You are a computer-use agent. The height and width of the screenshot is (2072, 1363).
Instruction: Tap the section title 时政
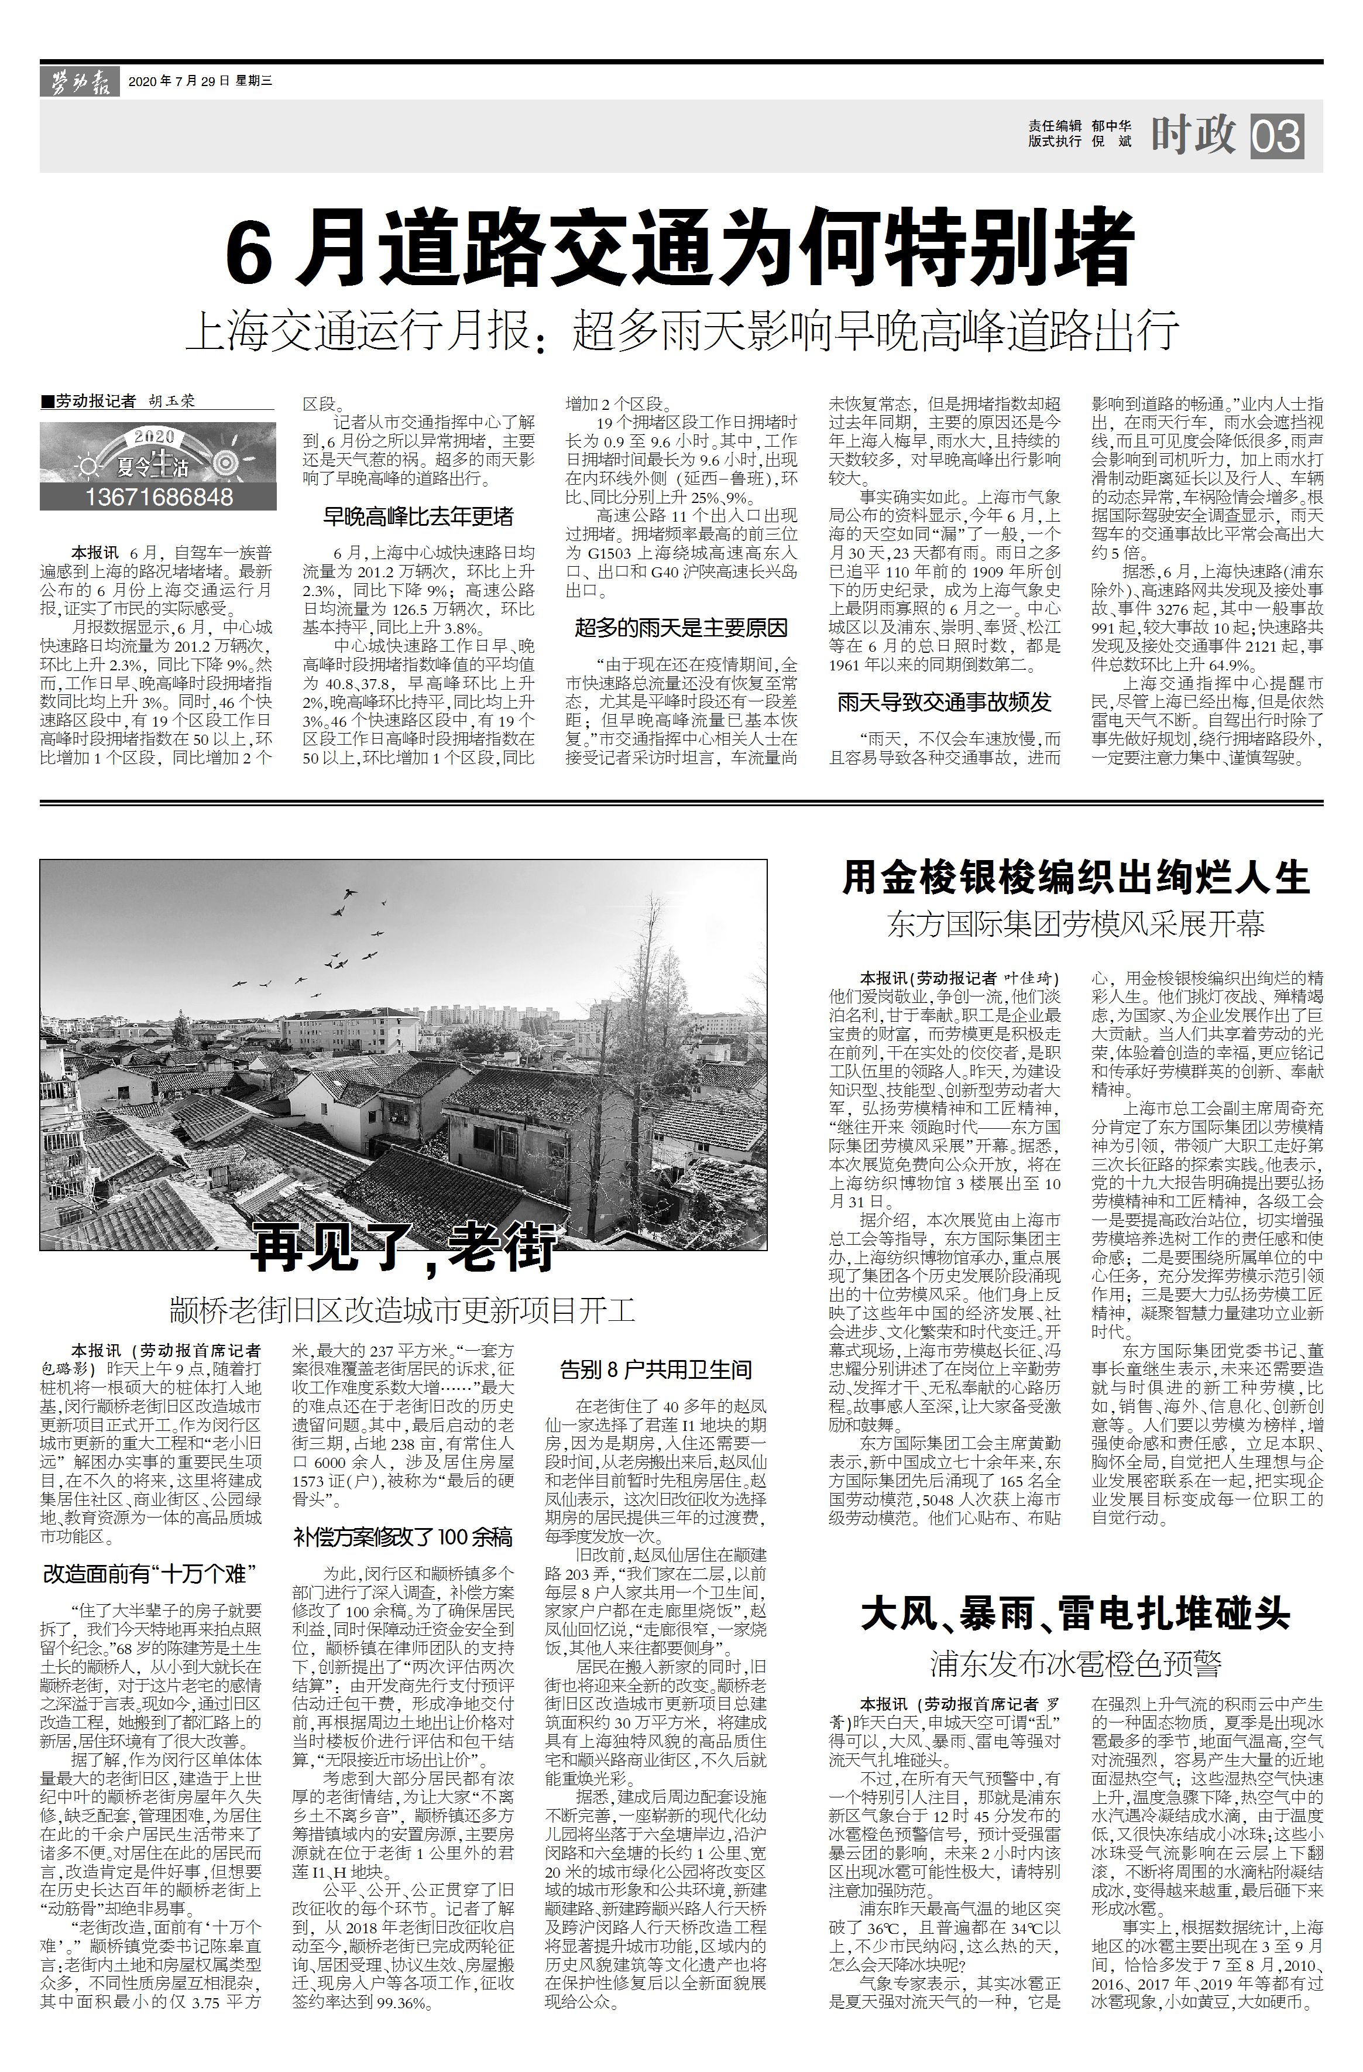tap(1193, 135)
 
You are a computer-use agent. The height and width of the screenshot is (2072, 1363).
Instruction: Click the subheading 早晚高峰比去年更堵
tap(418, 517)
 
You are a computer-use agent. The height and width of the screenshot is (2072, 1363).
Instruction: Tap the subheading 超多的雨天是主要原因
tap(681, 628)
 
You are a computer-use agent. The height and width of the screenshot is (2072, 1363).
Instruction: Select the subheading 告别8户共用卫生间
tap(655, 1370)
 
